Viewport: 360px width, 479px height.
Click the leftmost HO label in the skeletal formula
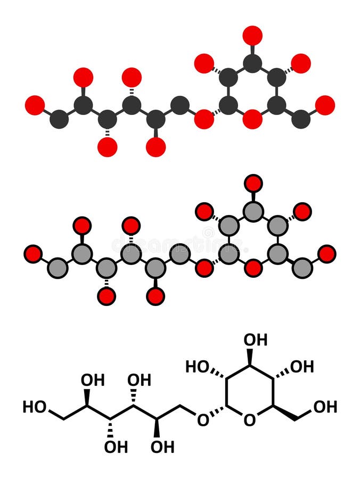(34, 407)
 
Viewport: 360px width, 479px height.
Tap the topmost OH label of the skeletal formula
(256, 339)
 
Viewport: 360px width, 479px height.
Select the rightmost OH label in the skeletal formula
(325, 407)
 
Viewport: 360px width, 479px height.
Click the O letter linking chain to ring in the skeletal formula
(203, 420)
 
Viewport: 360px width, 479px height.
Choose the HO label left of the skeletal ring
(197, 366)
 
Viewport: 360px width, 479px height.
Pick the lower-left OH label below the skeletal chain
(116, 447)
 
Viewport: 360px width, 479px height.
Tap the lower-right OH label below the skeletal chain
(162, 447)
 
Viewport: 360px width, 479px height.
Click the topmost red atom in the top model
(252, 35)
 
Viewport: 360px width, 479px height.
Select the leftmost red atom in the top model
(35, 105)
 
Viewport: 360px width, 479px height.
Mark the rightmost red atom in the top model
(325, 105)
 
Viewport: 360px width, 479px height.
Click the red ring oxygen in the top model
(252, 119)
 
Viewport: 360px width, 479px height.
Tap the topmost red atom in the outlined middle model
(253, 184)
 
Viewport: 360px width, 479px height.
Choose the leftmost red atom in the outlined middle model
(34, 254)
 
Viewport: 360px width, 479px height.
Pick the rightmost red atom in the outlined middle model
(326, 254)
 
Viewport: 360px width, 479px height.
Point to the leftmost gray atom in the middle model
(58, 268)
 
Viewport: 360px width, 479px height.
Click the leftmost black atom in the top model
(59, 119)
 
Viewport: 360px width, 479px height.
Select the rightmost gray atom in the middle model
(302, 268)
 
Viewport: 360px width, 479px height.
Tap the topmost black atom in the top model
(252, 63)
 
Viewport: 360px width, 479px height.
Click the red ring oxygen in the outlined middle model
(253, 268)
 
